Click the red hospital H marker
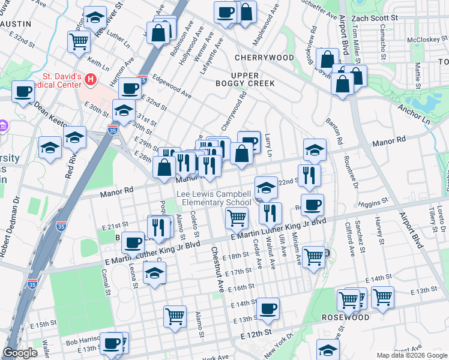click(x=90, y=79)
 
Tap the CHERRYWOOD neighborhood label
click(x=256, y=58)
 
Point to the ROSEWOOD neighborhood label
click(x=345, y=317)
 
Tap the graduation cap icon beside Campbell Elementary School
click(x=266, y=187)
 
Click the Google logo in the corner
click(x=20, y=353)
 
